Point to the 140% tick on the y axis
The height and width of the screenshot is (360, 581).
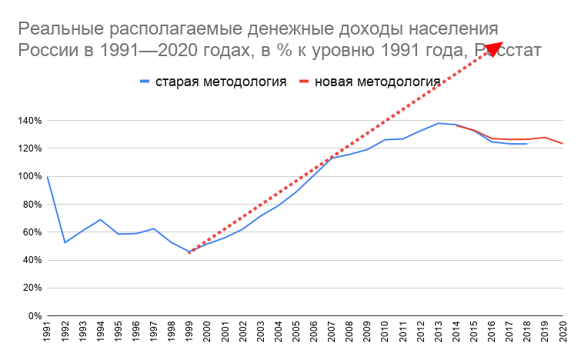[x=29, y=121]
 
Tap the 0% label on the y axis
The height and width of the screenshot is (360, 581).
[x=35, y=316]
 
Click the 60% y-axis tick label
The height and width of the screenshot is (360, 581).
[x=32, y=232]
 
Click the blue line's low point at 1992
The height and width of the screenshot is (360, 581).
[x=65, y=243]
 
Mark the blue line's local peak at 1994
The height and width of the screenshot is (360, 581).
[x=101, y=219]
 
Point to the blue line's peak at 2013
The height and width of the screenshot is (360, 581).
[x=439, y=123]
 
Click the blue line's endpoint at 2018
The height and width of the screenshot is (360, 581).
[x=527, y=144]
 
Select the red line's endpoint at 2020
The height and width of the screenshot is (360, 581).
[x=563, y=144]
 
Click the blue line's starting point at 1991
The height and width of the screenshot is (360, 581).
[x=48, y=177]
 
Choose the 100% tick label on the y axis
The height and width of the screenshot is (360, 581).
[x=29, y=177]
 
